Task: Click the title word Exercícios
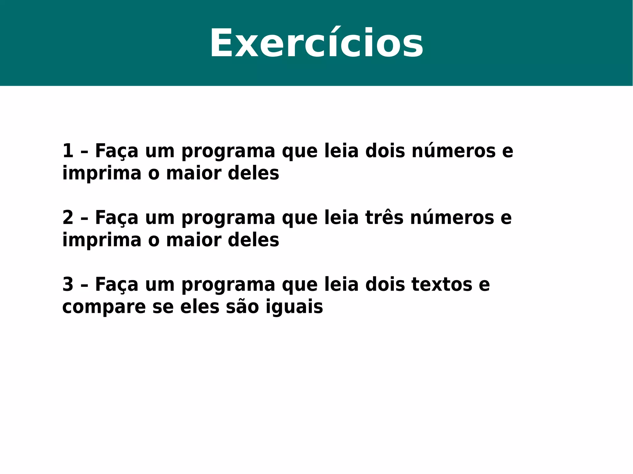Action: pyautogui.click(x=316, y=43)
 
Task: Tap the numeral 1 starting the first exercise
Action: pyautogui.click(x=68, y=151)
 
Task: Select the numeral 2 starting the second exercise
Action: pyautogui.click(x=68, y=218)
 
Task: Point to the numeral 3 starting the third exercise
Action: pyautogui.click(x=68, y=284)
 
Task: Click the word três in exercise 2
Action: pyautogui.click(x=384, y=218)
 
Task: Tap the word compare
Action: pyautogui.click(x=104, y=307)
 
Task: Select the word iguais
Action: pyautogui.click(x=294, y=307)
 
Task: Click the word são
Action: pyautogui.click(x=242, y=307)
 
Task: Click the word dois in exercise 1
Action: pyautogui.click(x=385, y=151)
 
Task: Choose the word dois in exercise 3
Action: pyautogui.click(x=385, y=284)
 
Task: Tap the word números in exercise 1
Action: pyautogui.click(x=453, y=151)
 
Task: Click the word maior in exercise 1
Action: pyautogui.click(x=193, y=173)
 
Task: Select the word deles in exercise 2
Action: pyautogui.click(x=253, y=240)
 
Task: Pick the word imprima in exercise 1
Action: pyautogui.click(x=102, y=173)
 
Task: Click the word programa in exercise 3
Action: pyautogui.click(x=228, y=284)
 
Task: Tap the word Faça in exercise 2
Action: pyautogui.click(x=117, y=218)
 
